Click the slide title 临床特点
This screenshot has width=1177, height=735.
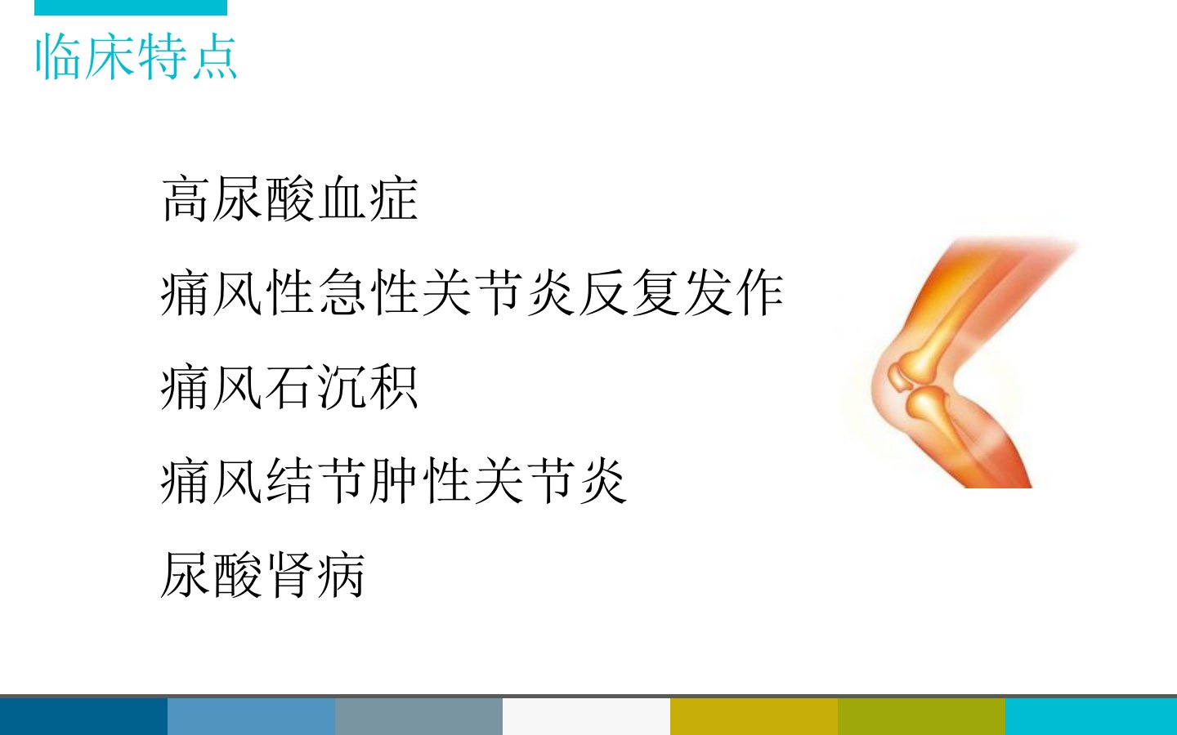136,56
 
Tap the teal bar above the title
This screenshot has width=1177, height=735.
131,7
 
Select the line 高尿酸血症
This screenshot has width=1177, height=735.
289,199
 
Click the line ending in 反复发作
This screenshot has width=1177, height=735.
472,293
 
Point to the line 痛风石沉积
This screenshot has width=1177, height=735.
289,387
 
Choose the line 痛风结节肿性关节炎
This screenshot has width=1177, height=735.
394,480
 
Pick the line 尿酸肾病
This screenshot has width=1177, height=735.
262,574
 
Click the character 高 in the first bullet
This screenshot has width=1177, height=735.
184,199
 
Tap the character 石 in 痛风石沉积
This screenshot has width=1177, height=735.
289,387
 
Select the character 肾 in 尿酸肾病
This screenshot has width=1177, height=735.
289,574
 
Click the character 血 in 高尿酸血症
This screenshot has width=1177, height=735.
341,199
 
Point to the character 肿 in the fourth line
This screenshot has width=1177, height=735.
394,480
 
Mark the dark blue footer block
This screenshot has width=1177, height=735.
83,716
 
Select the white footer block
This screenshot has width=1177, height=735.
586,716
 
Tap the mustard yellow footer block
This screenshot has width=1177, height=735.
754,716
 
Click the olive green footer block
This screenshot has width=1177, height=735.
922,716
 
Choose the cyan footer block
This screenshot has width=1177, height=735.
1091,716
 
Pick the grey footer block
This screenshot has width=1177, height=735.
418,716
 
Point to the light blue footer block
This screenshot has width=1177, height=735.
251,716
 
